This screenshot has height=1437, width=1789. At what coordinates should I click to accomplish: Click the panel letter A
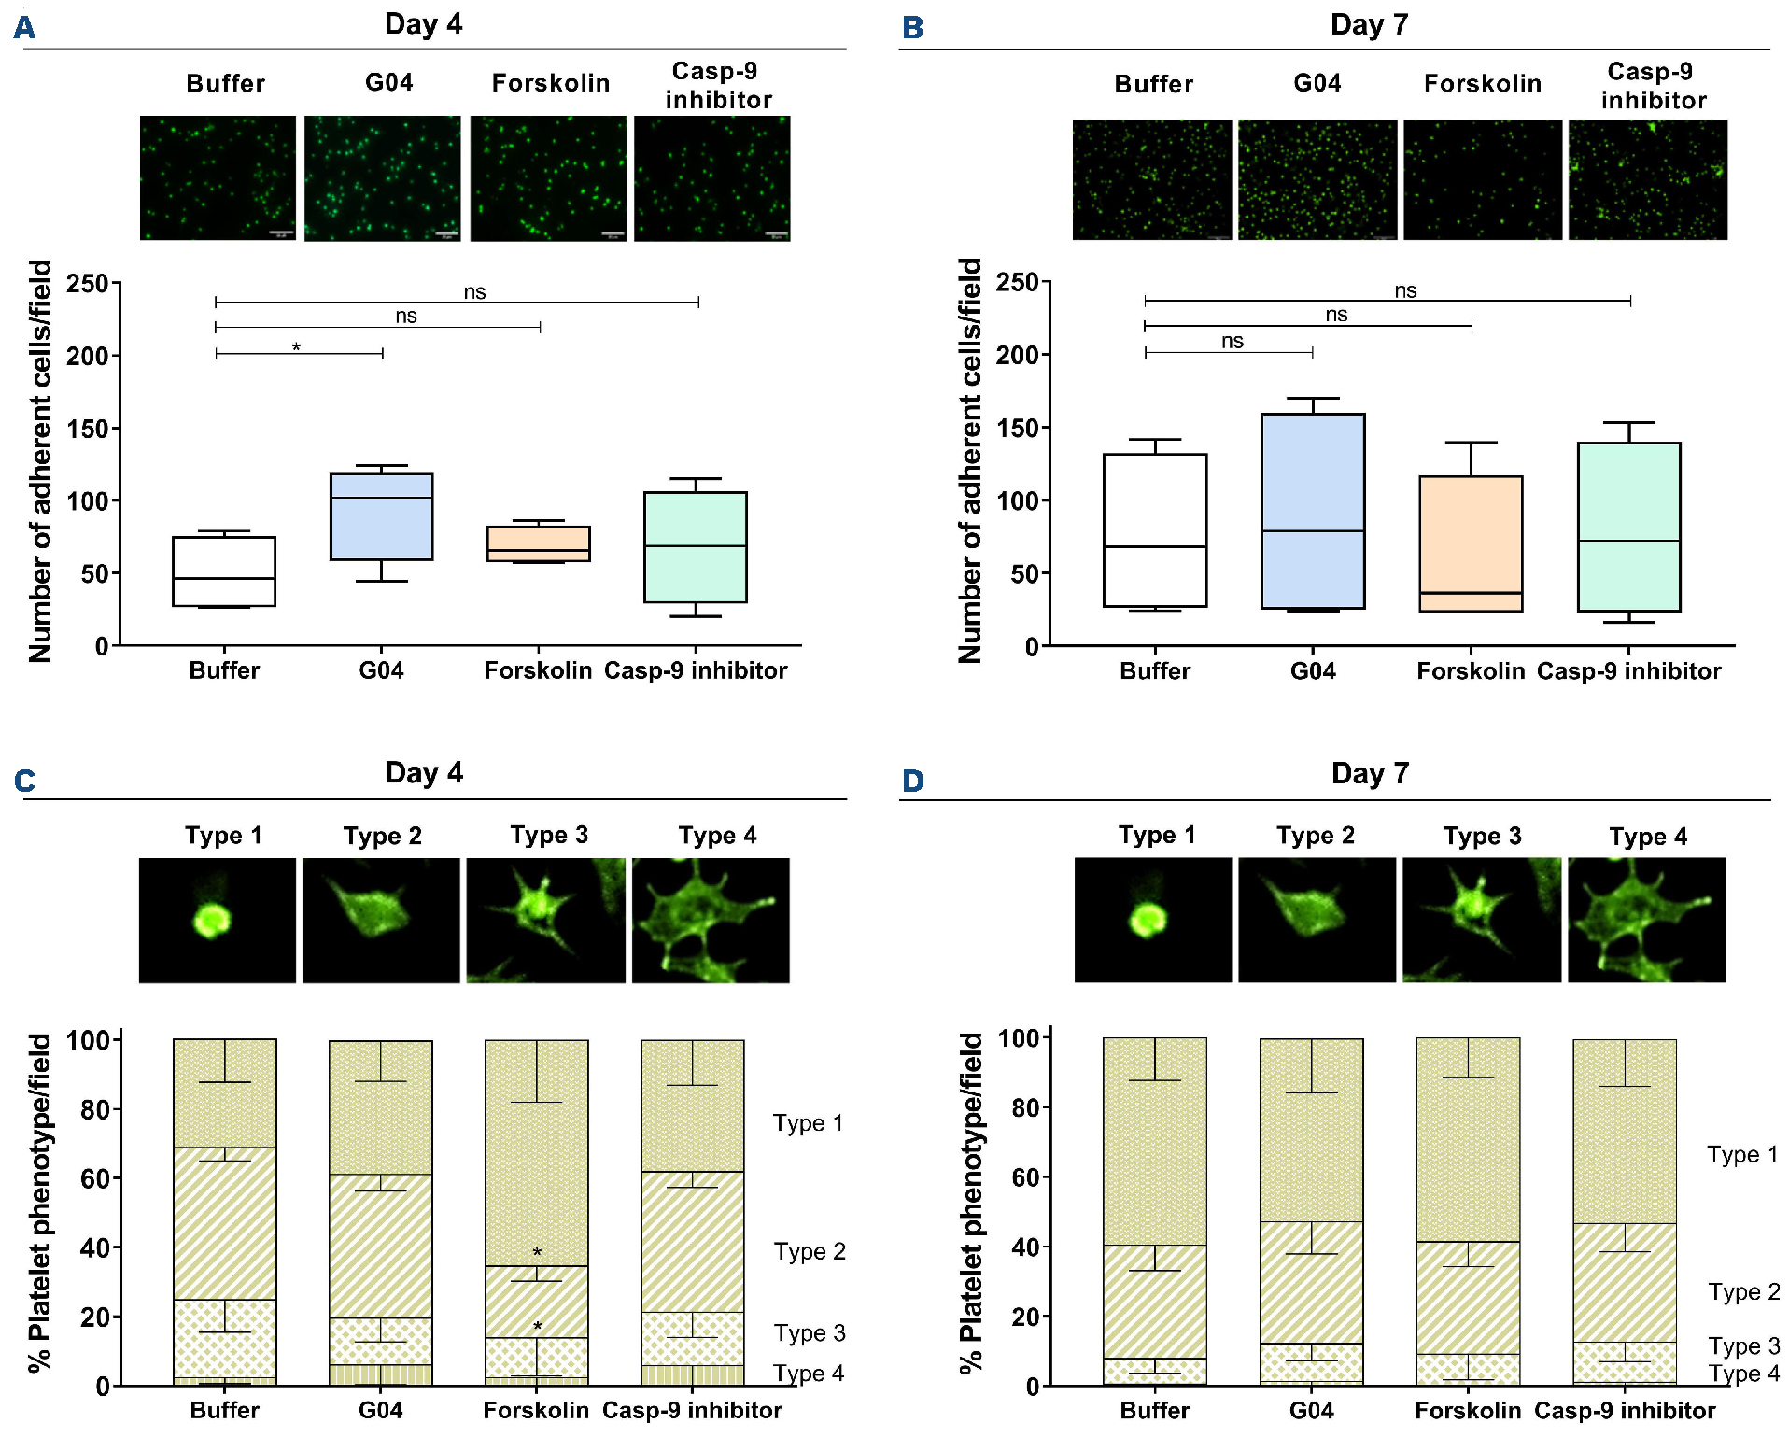tap(24, 28)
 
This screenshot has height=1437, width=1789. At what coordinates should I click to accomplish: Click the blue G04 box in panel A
tap(381, 516)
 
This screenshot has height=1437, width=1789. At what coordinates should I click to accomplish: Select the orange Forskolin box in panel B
tap(1471, 543)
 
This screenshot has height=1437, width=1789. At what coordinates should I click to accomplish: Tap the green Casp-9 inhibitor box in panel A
tap(696, 547)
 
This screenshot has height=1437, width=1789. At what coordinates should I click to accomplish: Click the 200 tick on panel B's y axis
tap(1017, 356)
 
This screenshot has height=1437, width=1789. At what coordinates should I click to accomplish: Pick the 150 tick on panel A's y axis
tap(87, 429)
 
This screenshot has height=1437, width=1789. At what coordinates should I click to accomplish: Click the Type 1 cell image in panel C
tap(218, 920)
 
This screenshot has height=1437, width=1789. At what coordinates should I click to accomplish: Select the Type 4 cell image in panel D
tap(1646, 920)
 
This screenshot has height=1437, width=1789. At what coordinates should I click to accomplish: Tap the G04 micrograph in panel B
tap(1317, 179)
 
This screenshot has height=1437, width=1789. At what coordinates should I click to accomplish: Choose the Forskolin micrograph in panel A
tap(548, 178)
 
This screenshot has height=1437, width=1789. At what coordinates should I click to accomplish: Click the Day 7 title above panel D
tap(1369, 773)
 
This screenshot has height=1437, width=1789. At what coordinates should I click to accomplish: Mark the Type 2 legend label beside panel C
tap(809, 1251)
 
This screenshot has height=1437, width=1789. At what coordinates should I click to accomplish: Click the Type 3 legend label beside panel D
tap(1743, 1345)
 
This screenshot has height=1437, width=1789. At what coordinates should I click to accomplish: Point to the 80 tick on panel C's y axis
tap(94, 1110)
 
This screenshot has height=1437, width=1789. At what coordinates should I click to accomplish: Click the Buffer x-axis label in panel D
tap(1155, 1410)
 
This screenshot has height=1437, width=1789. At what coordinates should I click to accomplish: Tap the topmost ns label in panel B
tap(1405, 290)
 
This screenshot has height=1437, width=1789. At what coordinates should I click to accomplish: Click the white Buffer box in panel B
tap(1155, 530)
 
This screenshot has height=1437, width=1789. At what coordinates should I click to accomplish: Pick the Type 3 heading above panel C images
tap(549, 835)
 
